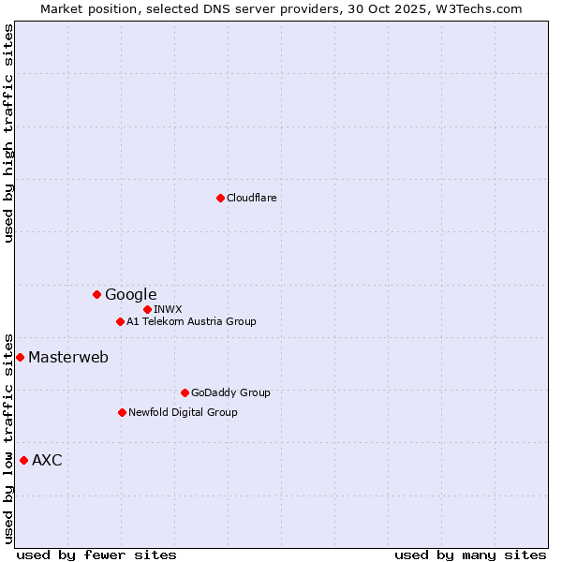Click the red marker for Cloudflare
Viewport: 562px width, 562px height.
tap(220, 198)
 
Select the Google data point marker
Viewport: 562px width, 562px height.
tap(96, 294)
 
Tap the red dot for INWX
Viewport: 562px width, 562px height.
tap(147, 309)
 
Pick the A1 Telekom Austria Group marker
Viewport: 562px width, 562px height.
tap(120, 321)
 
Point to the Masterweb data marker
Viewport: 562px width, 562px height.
tap(20, 357)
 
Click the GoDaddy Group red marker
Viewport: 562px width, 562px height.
tap(185, 392)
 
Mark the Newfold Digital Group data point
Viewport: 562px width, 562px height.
tap(122, 412)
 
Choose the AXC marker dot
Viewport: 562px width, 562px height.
tap(23, 460)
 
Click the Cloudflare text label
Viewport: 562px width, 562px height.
tap(251, 198)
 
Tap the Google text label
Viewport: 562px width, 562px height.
tap(130, 294)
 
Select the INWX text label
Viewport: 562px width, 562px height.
tap(168, 309)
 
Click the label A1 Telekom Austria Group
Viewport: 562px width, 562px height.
tap(191, 321)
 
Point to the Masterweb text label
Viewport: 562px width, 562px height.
tap(67, 357)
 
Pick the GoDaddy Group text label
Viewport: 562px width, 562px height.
tap(230, 392)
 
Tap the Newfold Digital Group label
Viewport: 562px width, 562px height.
tap(183, 412)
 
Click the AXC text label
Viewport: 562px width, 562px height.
tap(47, 460)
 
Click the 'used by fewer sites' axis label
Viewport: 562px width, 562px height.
tap(96, 555)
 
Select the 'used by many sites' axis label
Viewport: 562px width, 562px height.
tap(470, 555)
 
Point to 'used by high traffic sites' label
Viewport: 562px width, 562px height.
tap(9, 133)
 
